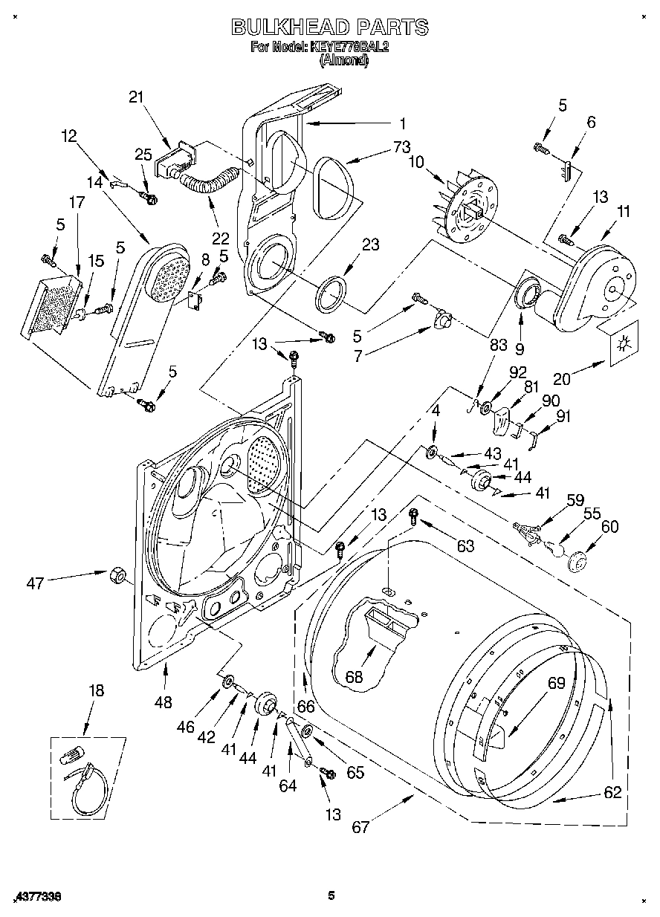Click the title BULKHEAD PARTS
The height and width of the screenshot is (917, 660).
click(x=330, y=27)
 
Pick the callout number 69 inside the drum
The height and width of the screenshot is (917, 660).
click(x=557, y=683)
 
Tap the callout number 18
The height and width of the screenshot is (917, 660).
click(x=97, y=690)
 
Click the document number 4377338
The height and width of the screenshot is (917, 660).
click(x=36, y=897)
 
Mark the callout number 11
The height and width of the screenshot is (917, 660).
click(x=623, y=212)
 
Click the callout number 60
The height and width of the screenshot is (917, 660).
click(x=609, y=527)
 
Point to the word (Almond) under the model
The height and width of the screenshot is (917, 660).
click(x=344, y=62)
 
